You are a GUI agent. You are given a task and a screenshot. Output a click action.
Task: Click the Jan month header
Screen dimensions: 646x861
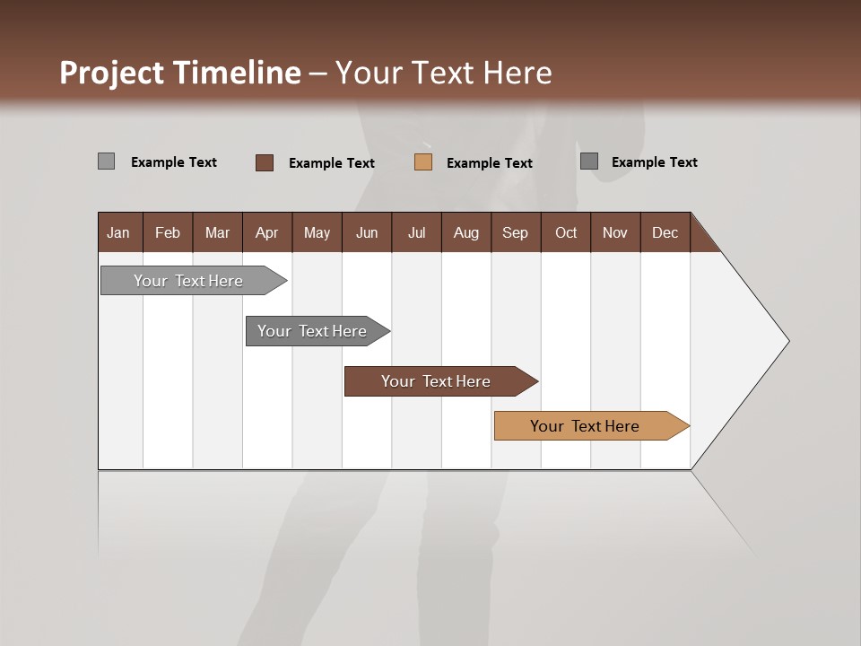(118, 232)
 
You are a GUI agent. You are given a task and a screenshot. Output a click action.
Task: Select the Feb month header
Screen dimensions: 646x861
(168, 232)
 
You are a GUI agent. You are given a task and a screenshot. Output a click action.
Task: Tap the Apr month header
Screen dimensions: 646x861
(266, 232)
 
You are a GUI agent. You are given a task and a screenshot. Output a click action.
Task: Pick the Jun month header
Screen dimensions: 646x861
(367, 232)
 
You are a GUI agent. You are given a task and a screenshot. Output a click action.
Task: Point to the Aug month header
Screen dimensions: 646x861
(465, 232)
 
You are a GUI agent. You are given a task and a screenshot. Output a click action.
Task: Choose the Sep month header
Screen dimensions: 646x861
(515, 232)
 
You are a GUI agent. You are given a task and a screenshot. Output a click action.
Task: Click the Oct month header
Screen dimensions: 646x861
(566, 232)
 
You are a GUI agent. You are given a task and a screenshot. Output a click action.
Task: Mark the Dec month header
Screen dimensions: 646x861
(665, 232)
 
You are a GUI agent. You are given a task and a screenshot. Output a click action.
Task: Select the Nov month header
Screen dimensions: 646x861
(615, 232)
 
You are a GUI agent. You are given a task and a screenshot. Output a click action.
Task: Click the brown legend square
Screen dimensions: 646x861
(265, 162)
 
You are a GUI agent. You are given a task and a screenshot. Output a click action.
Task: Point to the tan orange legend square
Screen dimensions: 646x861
(423, 162)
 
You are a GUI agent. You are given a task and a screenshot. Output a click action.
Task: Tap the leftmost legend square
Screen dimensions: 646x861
(106, 161)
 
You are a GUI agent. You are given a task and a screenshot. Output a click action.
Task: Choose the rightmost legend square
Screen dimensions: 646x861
(589, 161)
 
